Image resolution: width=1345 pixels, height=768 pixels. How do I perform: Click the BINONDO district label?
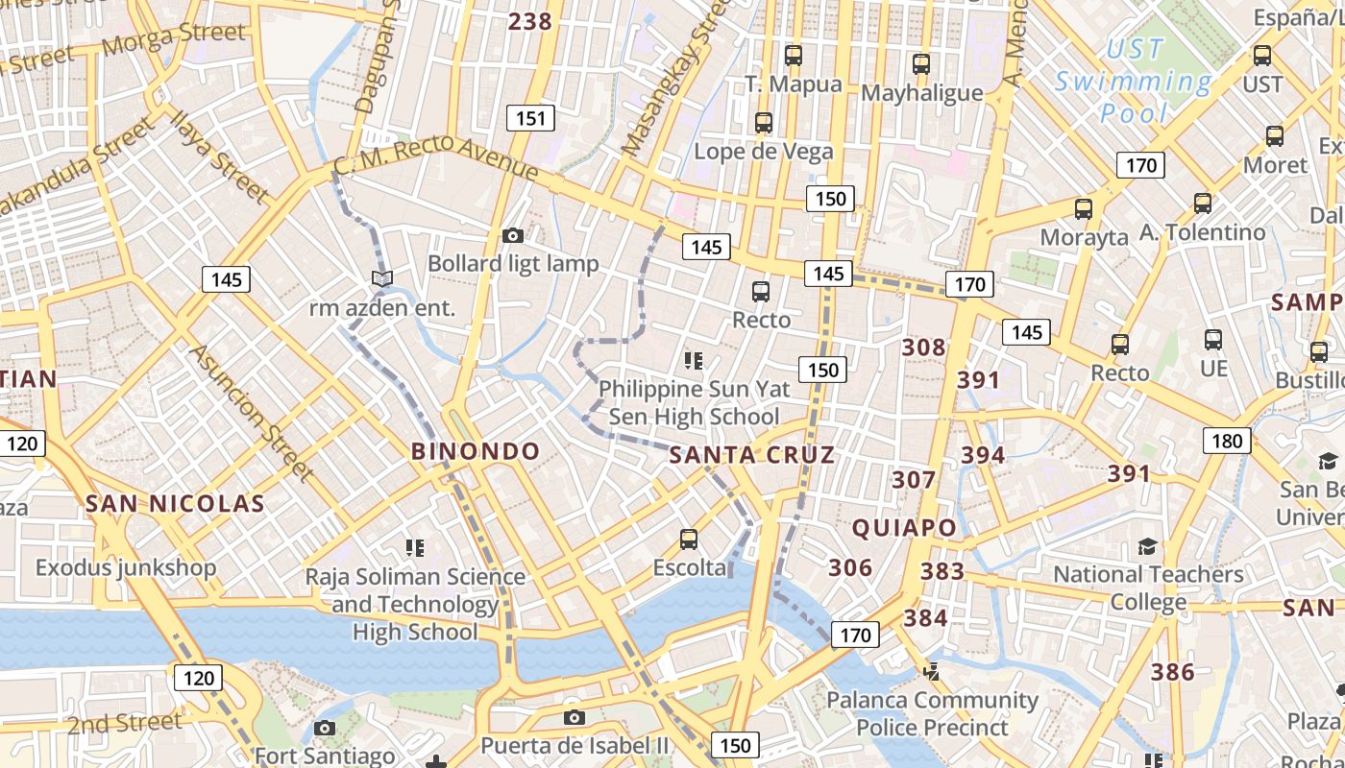[476, 451]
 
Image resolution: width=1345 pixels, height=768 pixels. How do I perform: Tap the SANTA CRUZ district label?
[751, 455]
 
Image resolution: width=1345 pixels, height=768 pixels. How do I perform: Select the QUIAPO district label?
[904, 527]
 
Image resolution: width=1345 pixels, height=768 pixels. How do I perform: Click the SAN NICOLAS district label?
[174, 504]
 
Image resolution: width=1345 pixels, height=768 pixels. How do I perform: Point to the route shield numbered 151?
[529, 119]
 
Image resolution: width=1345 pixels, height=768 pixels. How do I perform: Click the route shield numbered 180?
[1227, 442]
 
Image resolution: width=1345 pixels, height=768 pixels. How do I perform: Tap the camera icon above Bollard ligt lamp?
[513, 235]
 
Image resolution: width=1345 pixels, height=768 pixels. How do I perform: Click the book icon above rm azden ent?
[382, 278]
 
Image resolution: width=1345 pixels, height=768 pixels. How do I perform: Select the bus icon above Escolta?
[689, 540]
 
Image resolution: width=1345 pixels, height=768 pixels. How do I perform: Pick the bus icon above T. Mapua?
[793, 55]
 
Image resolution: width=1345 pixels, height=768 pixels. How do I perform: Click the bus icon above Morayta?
[1084, 208]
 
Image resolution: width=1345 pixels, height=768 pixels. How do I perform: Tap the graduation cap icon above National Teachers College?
[1147, 546]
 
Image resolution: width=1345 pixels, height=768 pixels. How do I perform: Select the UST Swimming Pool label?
[1135, 82]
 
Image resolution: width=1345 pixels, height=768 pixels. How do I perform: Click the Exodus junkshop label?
[126, 567]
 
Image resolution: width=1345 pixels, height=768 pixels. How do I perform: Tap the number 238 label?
[530, 21]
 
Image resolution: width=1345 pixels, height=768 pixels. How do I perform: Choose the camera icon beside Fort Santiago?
[325, 728]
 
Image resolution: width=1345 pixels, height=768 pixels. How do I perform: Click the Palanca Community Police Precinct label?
[932, 713]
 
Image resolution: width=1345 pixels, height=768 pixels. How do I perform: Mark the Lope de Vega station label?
[764, 152]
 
